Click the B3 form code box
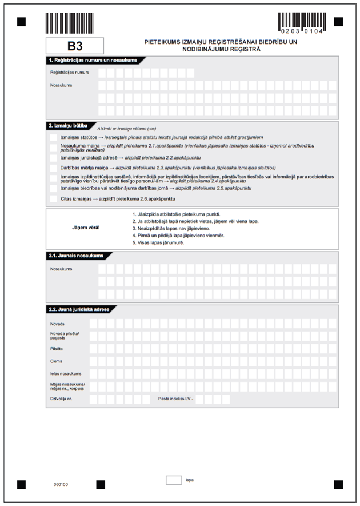[x=75, y=46]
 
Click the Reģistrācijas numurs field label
[x=66, y=73]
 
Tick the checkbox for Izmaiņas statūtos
[x=53, y=137]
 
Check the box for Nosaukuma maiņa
[x=53, y=148]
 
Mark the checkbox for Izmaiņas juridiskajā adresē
[x=53, y=157]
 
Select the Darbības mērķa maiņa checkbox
[x=53, y=168]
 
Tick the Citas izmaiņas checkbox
[x=53, y=198]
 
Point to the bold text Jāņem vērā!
[x=86, y=228]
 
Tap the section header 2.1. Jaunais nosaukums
[x=77, y=256]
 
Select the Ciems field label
[x=57, y=361]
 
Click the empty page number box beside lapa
[x=174, y=480]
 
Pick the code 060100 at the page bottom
[x=61, y=484]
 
